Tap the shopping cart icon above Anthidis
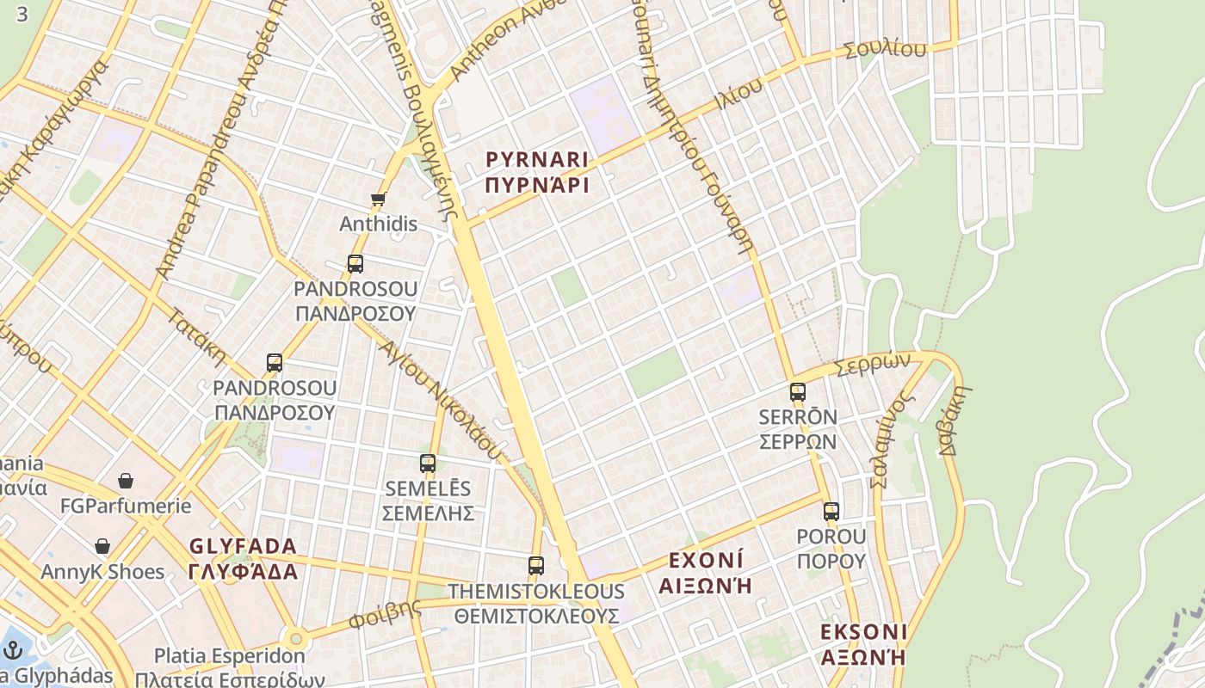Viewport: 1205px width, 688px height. (x=378, y=200)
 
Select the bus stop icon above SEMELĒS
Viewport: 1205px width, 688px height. (x=428, y=464)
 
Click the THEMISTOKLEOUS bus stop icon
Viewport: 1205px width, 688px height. (x=536, y=566)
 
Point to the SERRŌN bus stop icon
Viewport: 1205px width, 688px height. (x=798, y=392)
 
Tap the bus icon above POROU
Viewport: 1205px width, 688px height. (x=831, y=512)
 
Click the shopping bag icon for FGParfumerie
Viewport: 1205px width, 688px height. (x=126, y=481)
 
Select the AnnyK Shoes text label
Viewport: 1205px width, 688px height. (x=102, y=572)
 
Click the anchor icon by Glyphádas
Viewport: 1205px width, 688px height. (x=12, y=650)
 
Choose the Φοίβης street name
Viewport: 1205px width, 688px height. (x=385, y=614)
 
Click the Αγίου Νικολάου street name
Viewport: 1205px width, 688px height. (x=439, y=397)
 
